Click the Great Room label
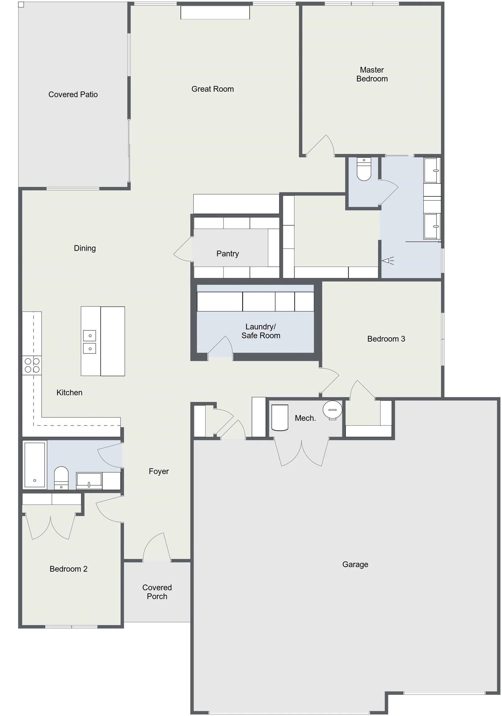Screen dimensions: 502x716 (x=213, y=89)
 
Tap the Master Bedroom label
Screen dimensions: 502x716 (x=372, y=74)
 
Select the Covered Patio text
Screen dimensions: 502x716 (x=73, y=94)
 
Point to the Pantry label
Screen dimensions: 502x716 (x=228, y=254)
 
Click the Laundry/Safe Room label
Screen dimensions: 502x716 (x=261, y=331)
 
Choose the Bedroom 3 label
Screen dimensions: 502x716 (x=386, y=339)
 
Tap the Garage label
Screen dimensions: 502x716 (x=355, y=564)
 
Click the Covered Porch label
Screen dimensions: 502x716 (x=157, y=592)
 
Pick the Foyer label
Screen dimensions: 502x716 (x=159, y=471)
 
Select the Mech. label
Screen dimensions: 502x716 (x=305, y=418)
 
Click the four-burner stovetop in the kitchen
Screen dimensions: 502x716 (x=32, y=365)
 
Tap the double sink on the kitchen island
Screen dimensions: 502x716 (x=90, y=342)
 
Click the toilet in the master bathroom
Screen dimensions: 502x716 (x=364, y=169)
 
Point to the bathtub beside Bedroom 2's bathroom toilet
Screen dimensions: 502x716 (x=34, y=465)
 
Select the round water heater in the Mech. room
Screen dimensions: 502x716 (x=332, y=410)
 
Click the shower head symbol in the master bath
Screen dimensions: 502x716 (x=388, y=260)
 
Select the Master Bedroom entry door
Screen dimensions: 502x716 (x=320, y=145)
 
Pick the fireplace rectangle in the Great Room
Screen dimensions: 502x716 (x=215, y=12)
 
